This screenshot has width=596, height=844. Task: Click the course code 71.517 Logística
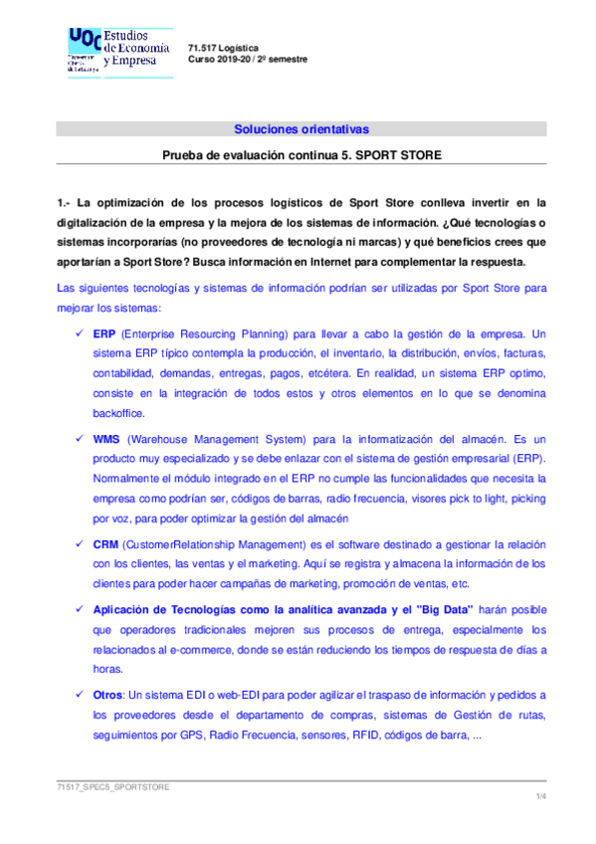tap(224, 48)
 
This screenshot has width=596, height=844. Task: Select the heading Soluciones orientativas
tap(300, 128)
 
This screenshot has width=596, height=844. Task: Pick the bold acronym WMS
tap(106, 438)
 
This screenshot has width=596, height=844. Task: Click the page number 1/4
tap(540, 797)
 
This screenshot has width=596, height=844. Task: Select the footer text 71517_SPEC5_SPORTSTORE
tap(112, 786)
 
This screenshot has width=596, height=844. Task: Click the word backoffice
tap(119, 412)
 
